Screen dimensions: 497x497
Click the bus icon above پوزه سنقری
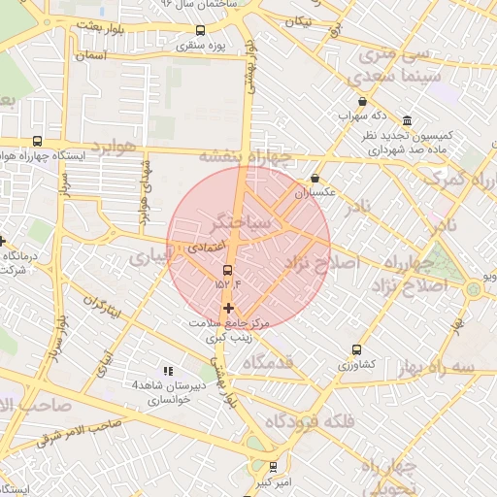[x=201, y=30]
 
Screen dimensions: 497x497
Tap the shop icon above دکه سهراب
[x=362, y=101]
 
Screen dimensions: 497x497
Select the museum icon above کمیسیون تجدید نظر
[x=406, y=121]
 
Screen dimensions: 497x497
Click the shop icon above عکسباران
[x=315, y=179]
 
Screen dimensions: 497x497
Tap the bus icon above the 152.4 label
[x=228, y=270]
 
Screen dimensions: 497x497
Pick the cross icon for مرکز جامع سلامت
[x=228, y=308]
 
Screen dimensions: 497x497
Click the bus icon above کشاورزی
[x=356, y=349]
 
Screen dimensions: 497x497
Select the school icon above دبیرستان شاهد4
[x=168, y=371]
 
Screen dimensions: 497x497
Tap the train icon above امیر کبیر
[x=273, y=467]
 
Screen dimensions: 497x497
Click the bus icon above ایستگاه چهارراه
[x=37, y=141]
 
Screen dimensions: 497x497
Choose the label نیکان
[x=299, y=21]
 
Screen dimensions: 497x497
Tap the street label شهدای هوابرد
[x=145, y=185]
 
